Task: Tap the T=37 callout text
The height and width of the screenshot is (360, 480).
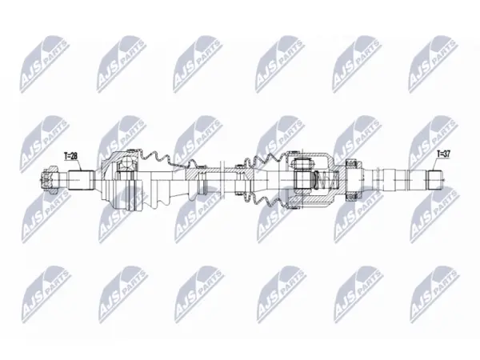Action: (x=443, y=154)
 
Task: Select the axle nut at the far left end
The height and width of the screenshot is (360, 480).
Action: (x=50, y=180)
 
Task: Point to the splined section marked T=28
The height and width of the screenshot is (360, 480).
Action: (x=81, y=180)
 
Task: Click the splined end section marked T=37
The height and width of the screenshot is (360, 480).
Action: (x=435, y=180)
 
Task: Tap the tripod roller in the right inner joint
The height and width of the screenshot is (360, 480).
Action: (x=302, y=175)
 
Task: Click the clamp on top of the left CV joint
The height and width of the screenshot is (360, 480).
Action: (x=132, y=150)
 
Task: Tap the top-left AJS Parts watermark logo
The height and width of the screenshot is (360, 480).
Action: (x=45, y=64)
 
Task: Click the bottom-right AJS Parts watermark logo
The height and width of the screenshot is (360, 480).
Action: (x=434, y=294)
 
